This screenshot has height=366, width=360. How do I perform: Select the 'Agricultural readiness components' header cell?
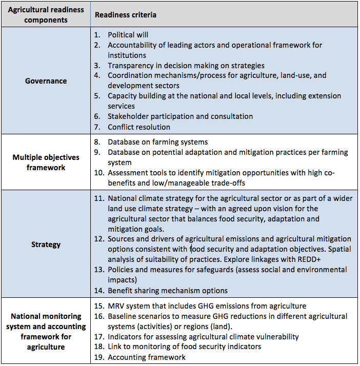click(x=46, y=15)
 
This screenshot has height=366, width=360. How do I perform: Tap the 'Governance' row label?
click(x=46, y=80)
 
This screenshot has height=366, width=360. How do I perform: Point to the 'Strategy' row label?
click(x=46, y=245)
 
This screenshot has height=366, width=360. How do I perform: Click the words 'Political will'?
click(x=128, y=35)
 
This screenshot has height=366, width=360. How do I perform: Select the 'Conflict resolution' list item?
click(x=138, y=127)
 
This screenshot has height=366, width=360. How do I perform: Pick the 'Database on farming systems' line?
click(x=157, y=142)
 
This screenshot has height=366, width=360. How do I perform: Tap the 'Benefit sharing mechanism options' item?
click(x=167, y=291)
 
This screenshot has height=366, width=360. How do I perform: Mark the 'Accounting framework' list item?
click(x=146, y=357)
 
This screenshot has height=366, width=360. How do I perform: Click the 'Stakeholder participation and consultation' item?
click(x=180, y=116)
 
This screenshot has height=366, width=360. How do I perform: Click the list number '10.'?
click(x=99, y=173)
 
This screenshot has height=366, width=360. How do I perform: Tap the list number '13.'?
click(x=99, y=270)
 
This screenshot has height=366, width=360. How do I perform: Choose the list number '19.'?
click(x=99, y=357)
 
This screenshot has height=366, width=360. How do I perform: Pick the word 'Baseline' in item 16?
click(x=123, y=316)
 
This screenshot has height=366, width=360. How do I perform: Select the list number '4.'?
click(x=97, y=75)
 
